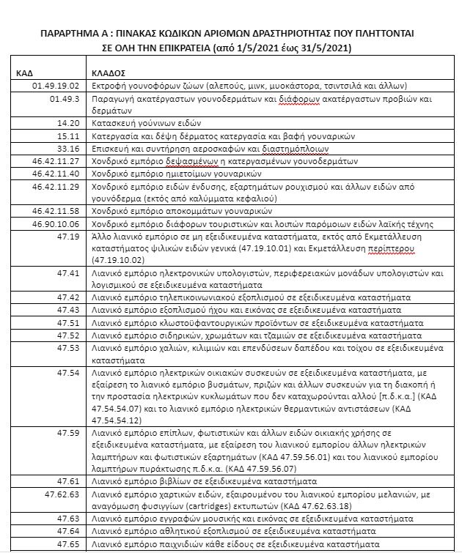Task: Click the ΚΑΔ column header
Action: [x=25, y=74]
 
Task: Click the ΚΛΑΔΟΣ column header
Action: [x=107, y=74]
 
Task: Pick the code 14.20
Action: [x=68, y=123]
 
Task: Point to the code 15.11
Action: [x=68, y=136]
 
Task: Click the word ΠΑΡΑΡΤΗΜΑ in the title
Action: [x=73, y=34]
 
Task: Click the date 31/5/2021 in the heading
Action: [x=321, y=48]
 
